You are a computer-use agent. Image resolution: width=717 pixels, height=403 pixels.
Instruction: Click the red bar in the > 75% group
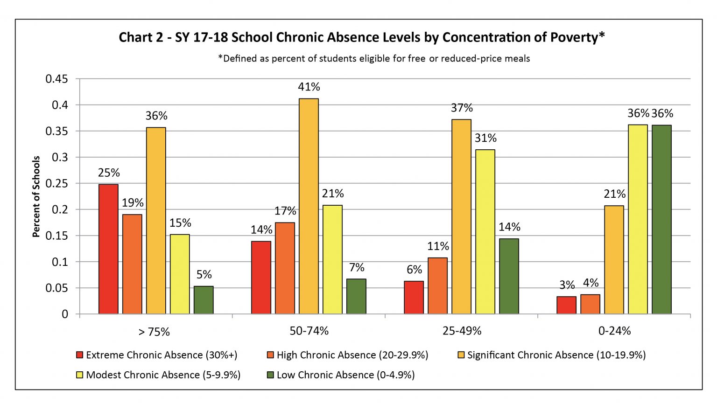click(108, 249)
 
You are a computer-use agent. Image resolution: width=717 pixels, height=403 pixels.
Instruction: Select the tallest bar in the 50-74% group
click(309, 206)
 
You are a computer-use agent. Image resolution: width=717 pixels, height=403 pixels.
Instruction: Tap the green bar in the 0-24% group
click(661, 219)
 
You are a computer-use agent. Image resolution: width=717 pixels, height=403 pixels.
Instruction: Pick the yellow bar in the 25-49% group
click(485, 231)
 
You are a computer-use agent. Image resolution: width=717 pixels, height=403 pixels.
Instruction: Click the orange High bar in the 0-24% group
click(590, 304)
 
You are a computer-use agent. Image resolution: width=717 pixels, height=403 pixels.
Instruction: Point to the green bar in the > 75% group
click(204, 300)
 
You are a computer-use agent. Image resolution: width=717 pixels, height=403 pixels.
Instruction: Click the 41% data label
click(309, 87)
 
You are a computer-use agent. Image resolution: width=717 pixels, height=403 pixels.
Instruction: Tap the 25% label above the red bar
click(109, 173)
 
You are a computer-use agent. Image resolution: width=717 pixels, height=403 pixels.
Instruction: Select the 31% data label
click(485, 138)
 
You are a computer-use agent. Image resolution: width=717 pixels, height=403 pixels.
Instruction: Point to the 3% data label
click(567, 285)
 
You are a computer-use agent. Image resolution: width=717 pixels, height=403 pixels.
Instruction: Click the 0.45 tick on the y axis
click(56, 79)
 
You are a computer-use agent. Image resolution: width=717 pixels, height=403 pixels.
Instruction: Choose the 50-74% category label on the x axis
click(309, 331)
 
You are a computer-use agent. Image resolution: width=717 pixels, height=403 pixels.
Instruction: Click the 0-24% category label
click(615, 331)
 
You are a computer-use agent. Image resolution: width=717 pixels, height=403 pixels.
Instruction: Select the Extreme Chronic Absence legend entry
click(157, 355)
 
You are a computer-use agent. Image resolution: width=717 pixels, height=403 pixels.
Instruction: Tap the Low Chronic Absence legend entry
click(341, 375)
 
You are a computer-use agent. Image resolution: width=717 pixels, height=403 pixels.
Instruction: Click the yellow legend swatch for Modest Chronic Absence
click(79, 375)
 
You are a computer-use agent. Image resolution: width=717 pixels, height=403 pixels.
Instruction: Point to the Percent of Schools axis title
click(36, 196)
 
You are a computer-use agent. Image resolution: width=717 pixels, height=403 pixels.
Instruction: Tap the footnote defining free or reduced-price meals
click(374, 58)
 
